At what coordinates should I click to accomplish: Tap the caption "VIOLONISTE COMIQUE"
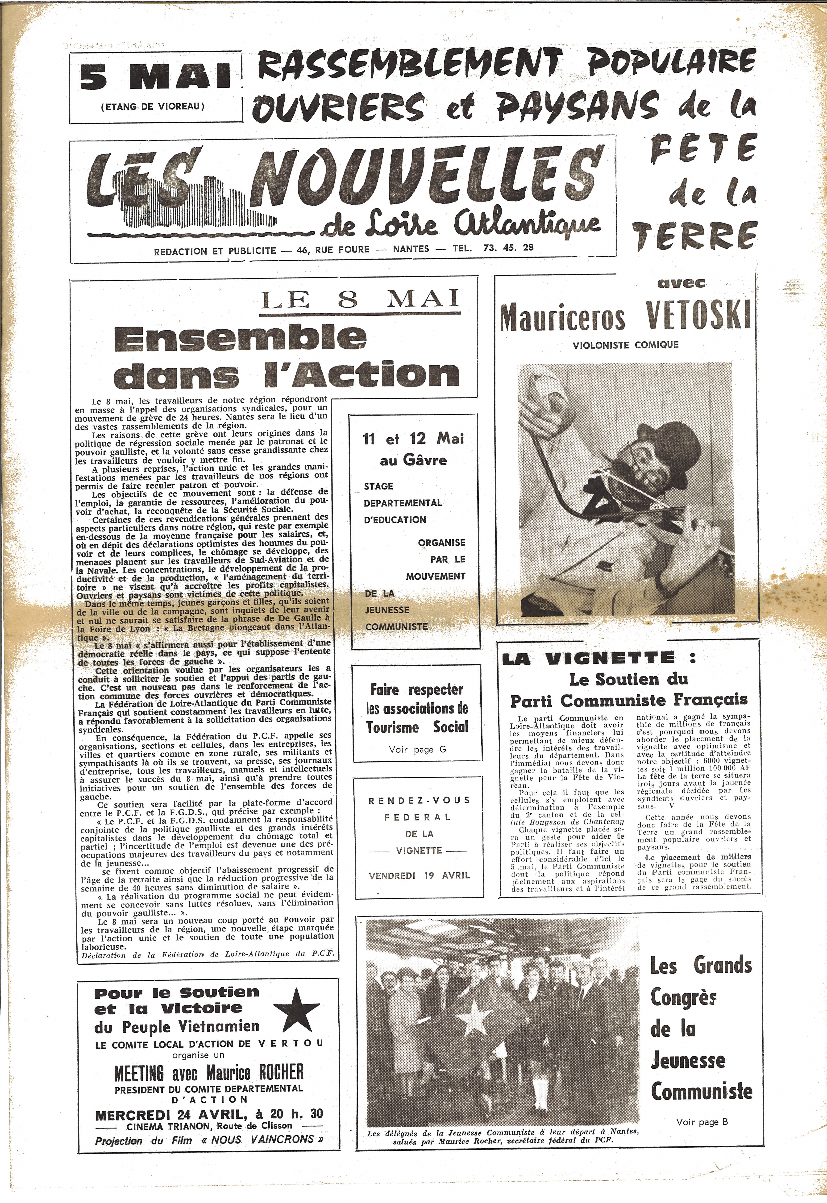coord(625,344)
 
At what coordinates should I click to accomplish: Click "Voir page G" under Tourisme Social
coord(417,749)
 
